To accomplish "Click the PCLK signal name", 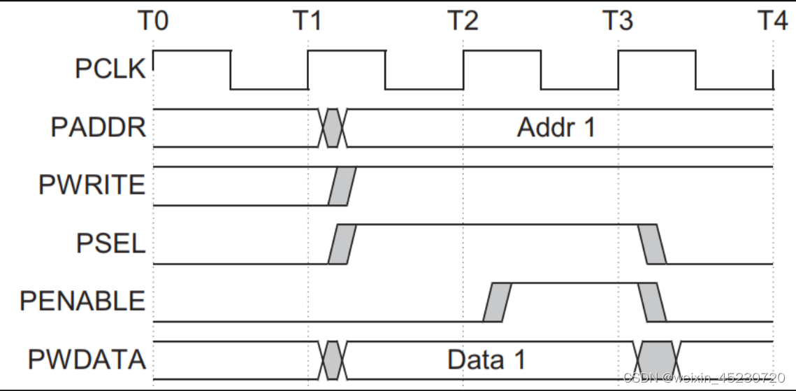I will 110,70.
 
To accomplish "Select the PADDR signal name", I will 99,128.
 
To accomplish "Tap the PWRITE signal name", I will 92,186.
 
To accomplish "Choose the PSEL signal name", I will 110,243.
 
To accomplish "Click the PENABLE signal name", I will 82,301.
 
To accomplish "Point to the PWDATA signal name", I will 87,360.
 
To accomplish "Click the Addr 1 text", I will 556,128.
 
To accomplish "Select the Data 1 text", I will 486,360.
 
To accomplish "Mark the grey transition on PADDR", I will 332,128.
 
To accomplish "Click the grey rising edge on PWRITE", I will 342,186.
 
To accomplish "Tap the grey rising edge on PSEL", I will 342,244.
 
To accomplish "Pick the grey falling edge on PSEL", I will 652,244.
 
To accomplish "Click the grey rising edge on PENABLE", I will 497,302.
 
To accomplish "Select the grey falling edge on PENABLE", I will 652,302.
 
